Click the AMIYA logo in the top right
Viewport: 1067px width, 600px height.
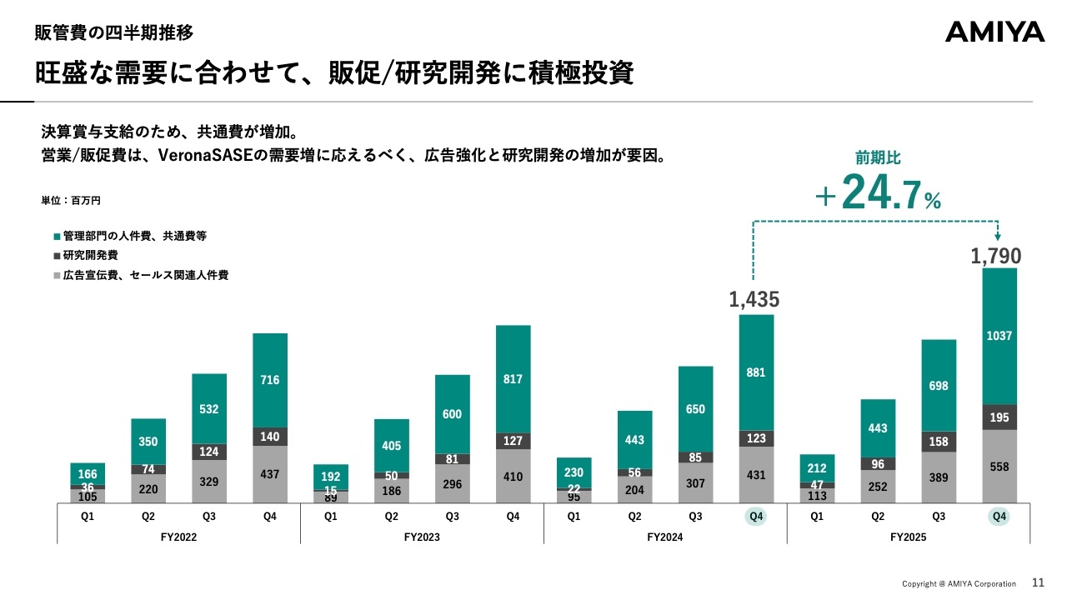994,32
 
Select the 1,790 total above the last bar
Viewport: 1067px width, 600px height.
995,257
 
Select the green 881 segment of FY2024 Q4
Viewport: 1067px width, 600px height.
756,372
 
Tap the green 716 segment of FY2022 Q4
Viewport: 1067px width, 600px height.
270,380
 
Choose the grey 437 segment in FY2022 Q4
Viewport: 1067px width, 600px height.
270,474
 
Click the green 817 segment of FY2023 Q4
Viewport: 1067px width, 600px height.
513,379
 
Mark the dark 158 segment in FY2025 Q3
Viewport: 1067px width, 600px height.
939,442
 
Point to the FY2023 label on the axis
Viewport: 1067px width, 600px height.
422,537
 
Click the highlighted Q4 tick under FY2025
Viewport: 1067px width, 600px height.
999,517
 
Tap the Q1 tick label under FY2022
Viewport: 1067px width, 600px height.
88,517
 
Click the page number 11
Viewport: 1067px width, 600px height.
1038,583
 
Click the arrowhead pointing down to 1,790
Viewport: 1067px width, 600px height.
998,237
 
